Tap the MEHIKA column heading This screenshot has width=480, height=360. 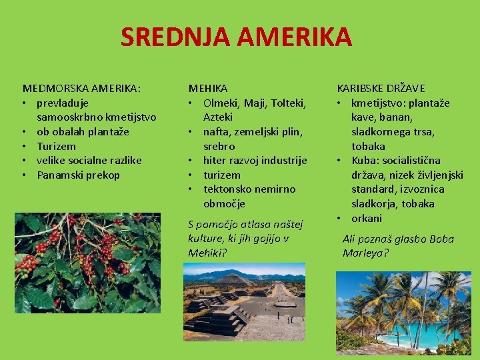coord(207,88)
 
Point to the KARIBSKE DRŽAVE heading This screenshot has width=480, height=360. coord(381,88)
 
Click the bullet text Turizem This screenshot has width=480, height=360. coord(57,146)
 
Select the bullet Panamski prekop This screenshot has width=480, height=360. coord(78,175)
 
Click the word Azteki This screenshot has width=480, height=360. coord(218,117)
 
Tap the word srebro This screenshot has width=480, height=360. coord(219,146)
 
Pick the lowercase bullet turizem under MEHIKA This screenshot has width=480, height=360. coord(222,175)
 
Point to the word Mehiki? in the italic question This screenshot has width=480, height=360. coord(207,253)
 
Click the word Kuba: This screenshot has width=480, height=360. coord(366,161)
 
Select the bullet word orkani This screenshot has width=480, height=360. coord(367,218)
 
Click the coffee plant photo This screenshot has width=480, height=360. coord(87,263)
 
